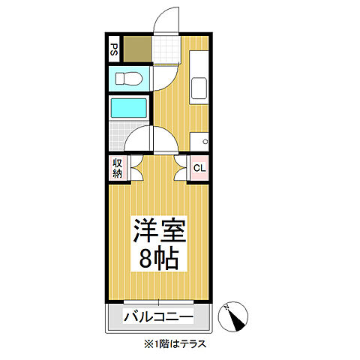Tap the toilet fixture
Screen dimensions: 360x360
(128, 78)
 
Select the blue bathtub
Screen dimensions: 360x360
(128, 107)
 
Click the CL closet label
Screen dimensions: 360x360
(199, 167)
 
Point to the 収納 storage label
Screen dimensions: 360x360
(118, 167)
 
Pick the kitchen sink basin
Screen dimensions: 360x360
(199, 89)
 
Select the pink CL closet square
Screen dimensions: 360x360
(199, 167)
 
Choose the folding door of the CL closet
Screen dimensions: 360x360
(181, 168)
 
